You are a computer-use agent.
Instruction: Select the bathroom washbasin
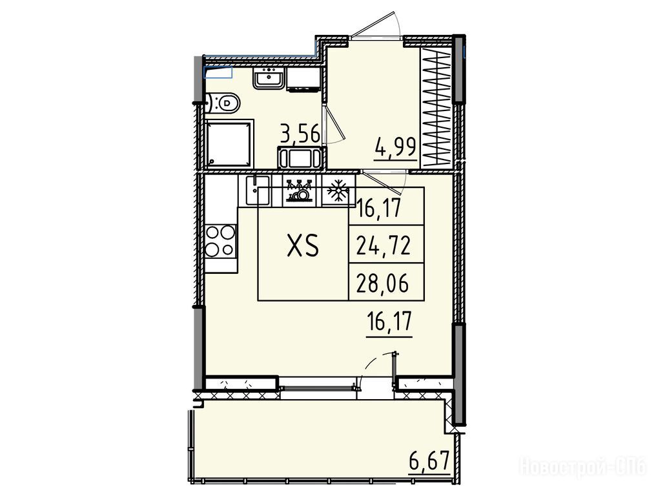[269, 78]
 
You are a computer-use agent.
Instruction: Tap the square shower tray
[230, 143]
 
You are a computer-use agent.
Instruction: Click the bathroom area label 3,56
[300, 135]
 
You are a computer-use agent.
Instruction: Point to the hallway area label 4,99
[395, 147]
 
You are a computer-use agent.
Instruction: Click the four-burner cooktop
[220, 241]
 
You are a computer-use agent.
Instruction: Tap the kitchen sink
[254, 190]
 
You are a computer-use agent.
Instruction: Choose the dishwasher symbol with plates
[299, 191]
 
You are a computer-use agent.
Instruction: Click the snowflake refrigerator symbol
[337, 191]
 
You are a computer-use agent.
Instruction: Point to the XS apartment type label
[303, 245]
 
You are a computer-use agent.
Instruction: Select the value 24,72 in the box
[383, 245]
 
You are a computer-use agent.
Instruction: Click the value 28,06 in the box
[382, 284]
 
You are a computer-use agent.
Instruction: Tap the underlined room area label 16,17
[389, 324]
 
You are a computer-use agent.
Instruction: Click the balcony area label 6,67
[429, 462]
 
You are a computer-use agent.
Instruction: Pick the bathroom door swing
[334, 124]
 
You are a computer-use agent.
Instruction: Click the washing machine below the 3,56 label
[301, 158]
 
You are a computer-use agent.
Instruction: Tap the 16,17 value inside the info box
[379, 207]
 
